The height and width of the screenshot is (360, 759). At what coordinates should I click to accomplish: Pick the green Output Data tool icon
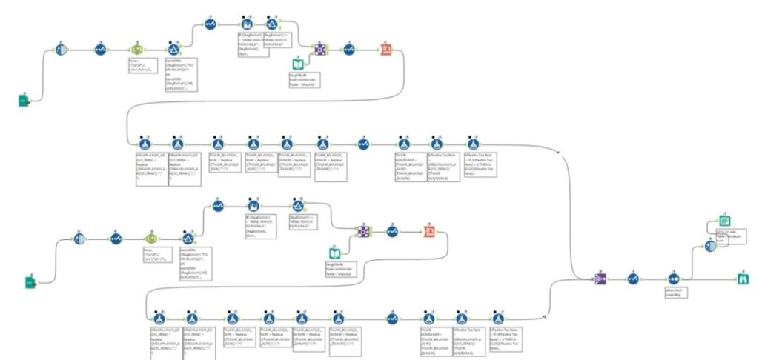(726, 220)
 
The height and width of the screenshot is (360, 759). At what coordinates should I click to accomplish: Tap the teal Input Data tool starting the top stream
(24, 99)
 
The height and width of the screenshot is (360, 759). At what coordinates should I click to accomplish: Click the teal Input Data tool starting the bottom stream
(30, 282)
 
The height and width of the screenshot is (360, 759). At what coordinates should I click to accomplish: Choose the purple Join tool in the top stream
(319, 50)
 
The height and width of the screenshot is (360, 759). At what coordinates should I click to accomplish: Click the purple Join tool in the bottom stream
(363, 232)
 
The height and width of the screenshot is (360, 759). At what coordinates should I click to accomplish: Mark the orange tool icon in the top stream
(386, 50)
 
